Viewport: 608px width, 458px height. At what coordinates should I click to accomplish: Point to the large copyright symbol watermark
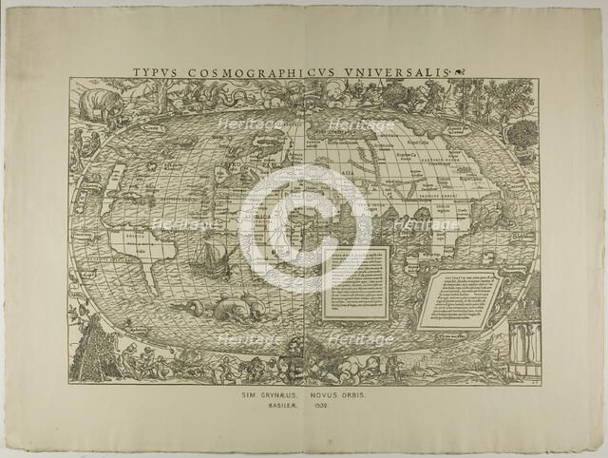[x=304, y=229]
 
